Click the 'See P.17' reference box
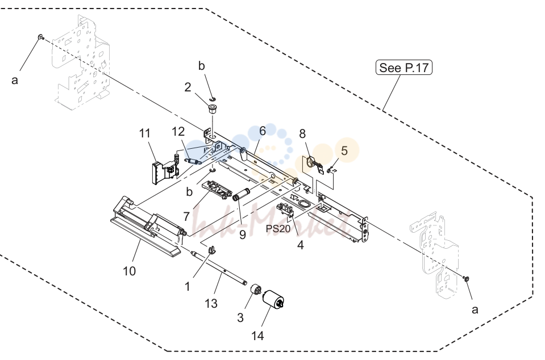coord(404,68)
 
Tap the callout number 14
coord(257,336)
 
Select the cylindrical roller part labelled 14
coord(273,300)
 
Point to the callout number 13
coord(211,303)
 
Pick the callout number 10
coord(130,271)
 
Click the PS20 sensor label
coord(278,229)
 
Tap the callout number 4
coord(300,245)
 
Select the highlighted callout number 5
coord(344,150)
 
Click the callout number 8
coord(302,133)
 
